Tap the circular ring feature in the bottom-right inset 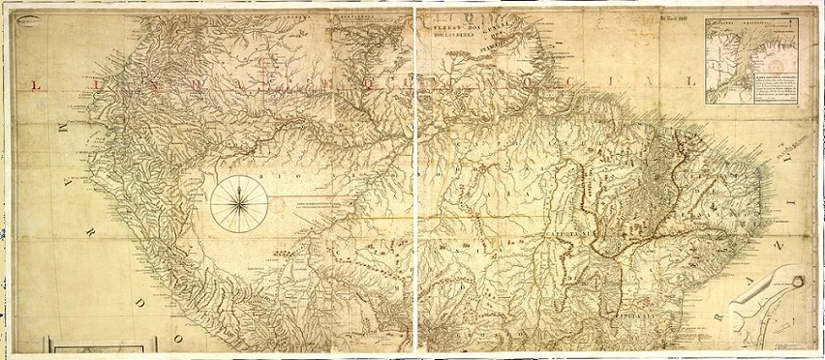click(796, 282)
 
